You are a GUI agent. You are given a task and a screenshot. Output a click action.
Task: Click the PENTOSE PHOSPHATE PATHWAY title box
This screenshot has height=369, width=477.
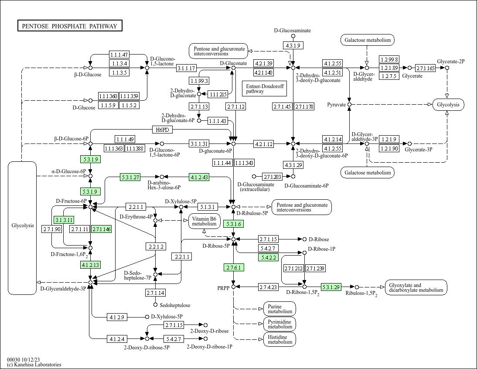[70, 26]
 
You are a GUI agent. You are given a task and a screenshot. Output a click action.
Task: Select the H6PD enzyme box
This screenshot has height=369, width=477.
[162, 130]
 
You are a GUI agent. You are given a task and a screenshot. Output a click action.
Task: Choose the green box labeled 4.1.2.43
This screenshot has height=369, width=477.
[199, 177]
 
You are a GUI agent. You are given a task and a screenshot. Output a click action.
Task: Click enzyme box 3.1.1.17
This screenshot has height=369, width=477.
[187, 68]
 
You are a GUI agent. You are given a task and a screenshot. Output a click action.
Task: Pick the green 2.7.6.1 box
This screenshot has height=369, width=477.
[233, 267]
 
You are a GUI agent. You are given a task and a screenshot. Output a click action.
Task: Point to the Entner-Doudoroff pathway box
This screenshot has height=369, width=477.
[264, 89]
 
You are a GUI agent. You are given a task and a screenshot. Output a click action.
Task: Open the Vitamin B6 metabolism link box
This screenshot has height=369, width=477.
[204, 221]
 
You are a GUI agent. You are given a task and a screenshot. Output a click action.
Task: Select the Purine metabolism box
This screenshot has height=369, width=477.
[279, 309]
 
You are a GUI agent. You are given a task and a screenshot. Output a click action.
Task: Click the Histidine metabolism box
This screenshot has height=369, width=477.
[279, 339]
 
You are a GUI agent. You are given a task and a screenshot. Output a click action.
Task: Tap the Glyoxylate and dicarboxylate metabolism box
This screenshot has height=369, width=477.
[416, 287]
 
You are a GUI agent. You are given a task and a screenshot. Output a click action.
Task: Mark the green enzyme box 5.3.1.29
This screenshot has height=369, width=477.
[330, 287]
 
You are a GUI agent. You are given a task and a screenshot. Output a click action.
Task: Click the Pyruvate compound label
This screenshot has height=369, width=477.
[337, 105]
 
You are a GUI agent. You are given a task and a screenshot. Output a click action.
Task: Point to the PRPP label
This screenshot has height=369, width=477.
[223, 288]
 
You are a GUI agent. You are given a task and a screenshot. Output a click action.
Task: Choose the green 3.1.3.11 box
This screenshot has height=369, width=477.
[64, 219]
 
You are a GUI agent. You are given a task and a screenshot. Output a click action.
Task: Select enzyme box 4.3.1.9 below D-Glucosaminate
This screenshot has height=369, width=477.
[292, 45]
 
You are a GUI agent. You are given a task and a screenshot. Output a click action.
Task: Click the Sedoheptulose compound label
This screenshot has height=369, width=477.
[175, 305]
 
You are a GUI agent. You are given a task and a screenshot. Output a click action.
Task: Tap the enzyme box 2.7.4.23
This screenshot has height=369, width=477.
[269, 287]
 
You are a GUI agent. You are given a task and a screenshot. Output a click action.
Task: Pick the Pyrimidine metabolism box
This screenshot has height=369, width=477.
[279, 324]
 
